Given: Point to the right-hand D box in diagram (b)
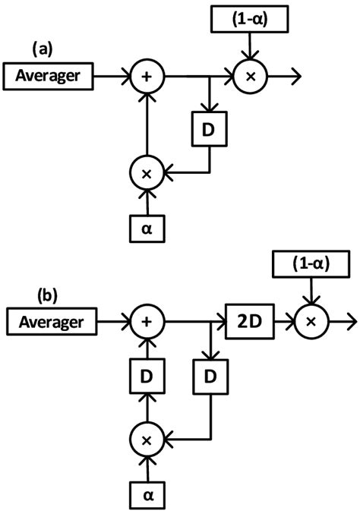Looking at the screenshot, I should pos(208,377).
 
